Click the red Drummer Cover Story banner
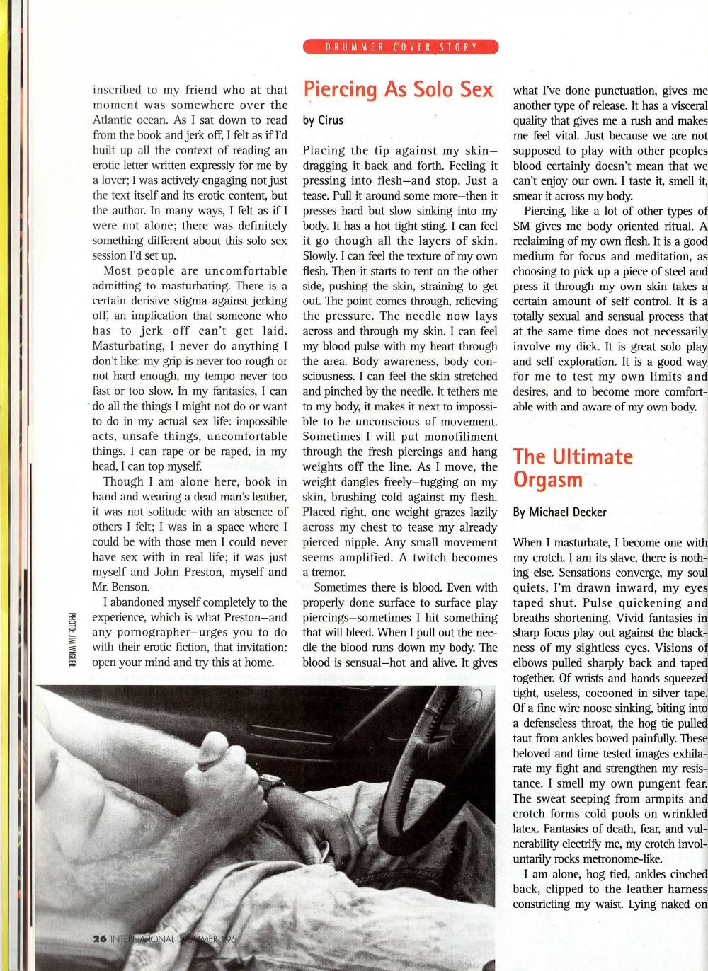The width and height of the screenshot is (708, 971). click(x=401, y=47)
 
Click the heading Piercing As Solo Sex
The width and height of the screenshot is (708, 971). click(x=398, y=90)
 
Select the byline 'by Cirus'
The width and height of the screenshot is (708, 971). click(x=323, y=120)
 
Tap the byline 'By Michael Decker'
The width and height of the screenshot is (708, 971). click(x=559, y=512)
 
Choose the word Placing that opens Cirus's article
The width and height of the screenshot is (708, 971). click(x=323, y=150)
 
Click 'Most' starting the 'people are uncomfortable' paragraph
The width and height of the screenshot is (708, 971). click(x=118, y=270)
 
